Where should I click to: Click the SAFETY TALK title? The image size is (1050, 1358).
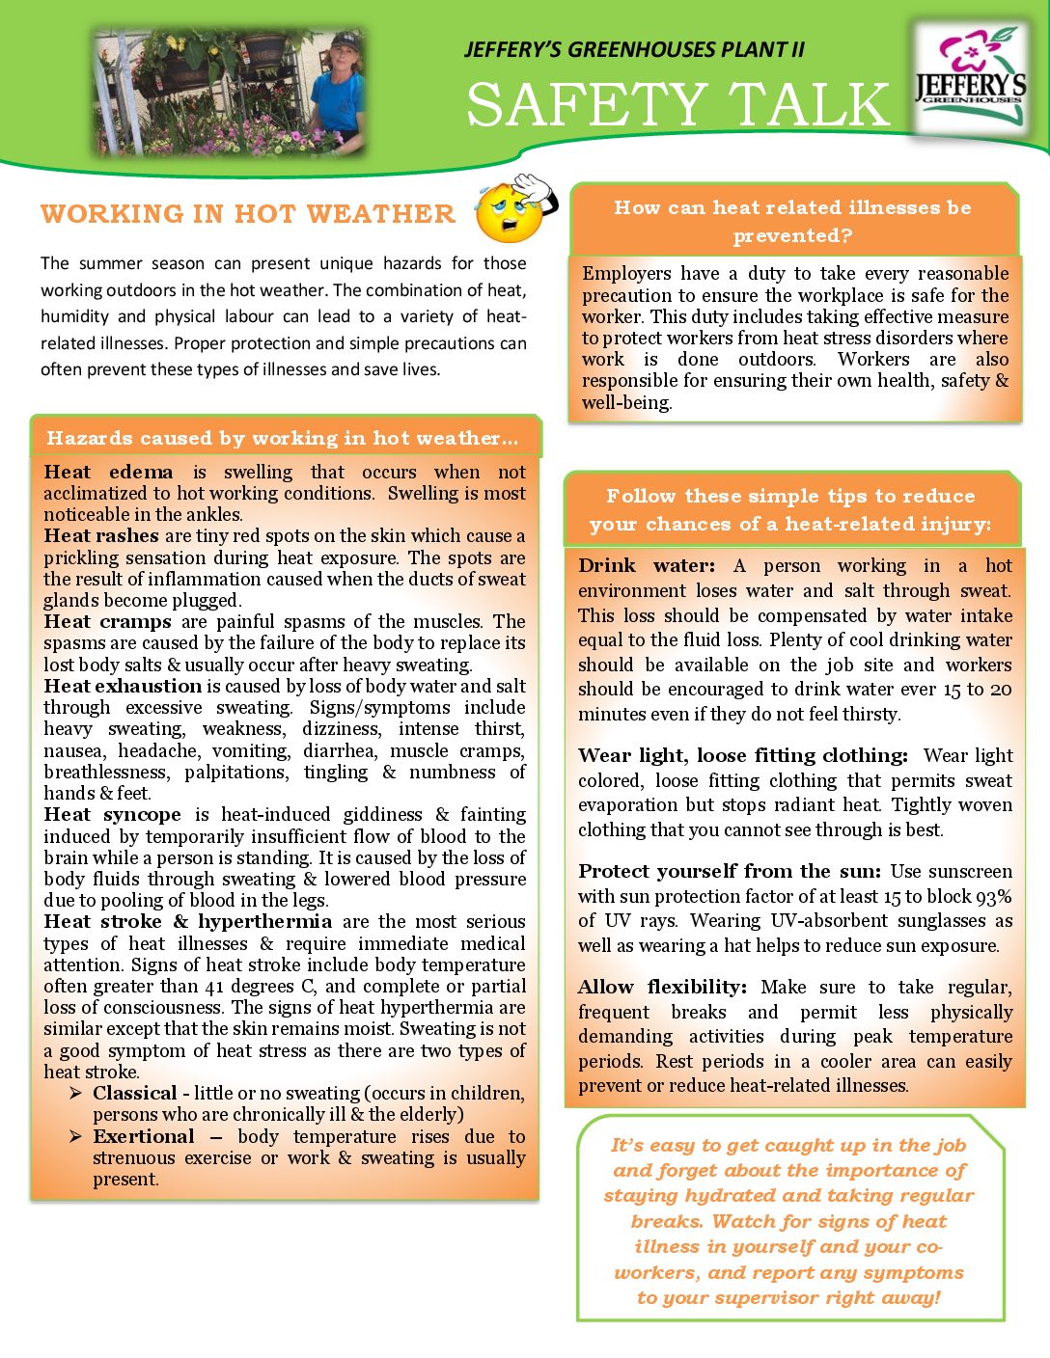[677, 104]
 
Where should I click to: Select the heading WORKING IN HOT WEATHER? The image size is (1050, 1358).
[248, 214]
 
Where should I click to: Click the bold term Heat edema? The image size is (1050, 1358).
[108, 472]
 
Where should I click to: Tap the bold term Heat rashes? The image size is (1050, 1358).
[101, 535]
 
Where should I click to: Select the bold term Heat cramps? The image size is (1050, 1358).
[107, 621]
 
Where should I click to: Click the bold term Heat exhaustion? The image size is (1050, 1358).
[123, 686]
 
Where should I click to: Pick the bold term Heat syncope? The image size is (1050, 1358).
[112, 814]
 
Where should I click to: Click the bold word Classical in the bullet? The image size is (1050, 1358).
[134, 1093]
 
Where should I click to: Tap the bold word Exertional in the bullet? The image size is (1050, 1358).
[144, 1136]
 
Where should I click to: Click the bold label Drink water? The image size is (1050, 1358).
[647, 565]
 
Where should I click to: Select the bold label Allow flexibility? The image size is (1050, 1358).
[662, 987]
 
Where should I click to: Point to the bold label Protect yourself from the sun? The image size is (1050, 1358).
[729, 871]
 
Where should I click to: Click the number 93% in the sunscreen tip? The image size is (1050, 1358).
[993, 896]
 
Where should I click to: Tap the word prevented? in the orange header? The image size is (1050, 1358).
[792, 235]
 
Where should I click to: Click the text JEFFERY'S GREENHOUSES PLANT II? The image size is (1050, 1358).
[634, 49]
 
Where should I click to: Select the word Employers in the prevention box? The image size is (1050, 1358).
[626, 273]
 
